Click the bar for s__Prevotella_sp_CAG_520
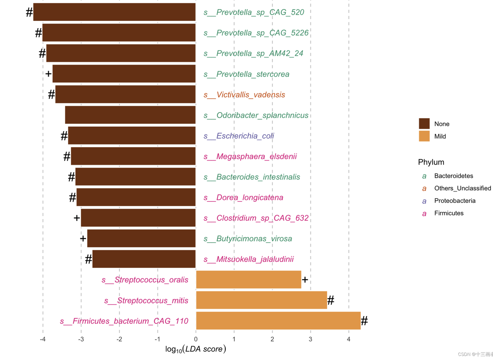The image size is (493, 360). tap(114, 12)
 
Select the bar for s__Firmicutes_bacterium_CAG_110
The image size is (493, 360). tap(278, 321)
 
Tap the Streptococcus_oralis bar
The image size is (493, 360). tap(249, 280)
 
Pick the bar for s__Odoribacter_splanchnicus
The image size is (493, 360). tap(130, 115)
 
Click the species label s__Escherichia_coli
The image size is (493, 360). tap(239, 136)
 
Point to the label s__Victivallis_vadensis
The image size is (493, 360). tap(244, 95)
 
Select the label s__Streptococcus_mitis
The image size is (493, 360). tap(146, 300)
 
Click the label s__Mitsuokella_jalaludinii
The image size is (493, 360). tap(249, 259)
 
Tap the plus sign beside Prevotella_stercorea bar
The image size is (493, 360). tap(48, 74)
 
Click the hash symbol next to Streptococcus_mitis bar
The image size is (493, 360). tap(330, 300)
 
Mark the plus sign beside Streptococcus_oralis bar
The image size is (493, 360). tap(305, 280)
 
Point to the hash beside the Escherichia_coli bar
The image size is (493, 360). tap(64, 136)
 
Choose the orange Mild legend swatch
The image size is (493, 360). tap(424, 136)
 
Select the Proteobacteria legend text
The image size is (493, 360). tap(455, 201)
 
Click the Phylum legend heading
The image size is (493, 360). tap(431, 162)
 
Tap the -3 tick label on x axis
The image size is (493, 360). tap(81, 339)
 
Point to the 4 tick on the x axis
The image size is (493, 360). tap(349, 339)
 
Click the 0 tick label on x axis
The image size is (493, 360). tap(196, 339)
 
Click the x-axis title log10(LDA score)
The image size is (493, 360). tap(195, 349)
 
